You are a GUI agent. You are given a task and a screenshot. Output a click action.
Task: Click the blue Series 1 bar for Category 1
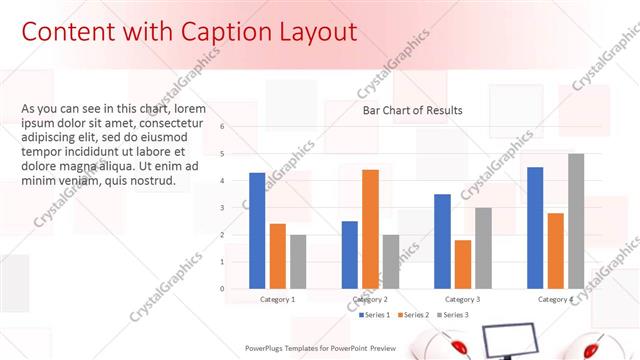[x=257, y=231]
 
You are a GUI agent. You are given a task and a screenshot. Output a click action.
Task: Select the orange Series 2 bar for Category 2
[x=370, y=229]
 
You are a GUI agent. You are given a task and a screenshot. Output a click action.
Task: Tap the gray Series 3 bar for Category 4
[x=576, y=221]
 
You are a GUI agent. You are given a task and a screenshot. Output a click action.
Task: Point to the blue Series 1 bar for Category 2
[x=350, y=255]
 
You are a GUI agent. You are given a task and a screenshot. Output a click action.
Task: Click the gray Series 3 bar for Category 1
[x=298, y=262]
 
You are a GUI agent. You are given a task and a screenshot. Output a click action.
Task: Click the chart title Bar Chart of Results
[x=412, y=111]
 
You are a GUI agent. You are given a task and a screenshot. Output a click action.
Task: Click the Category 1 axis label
[x=277, y=299]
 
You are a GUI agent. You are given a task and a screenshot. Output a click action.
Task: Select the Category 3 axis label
[x=463, y=299]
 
